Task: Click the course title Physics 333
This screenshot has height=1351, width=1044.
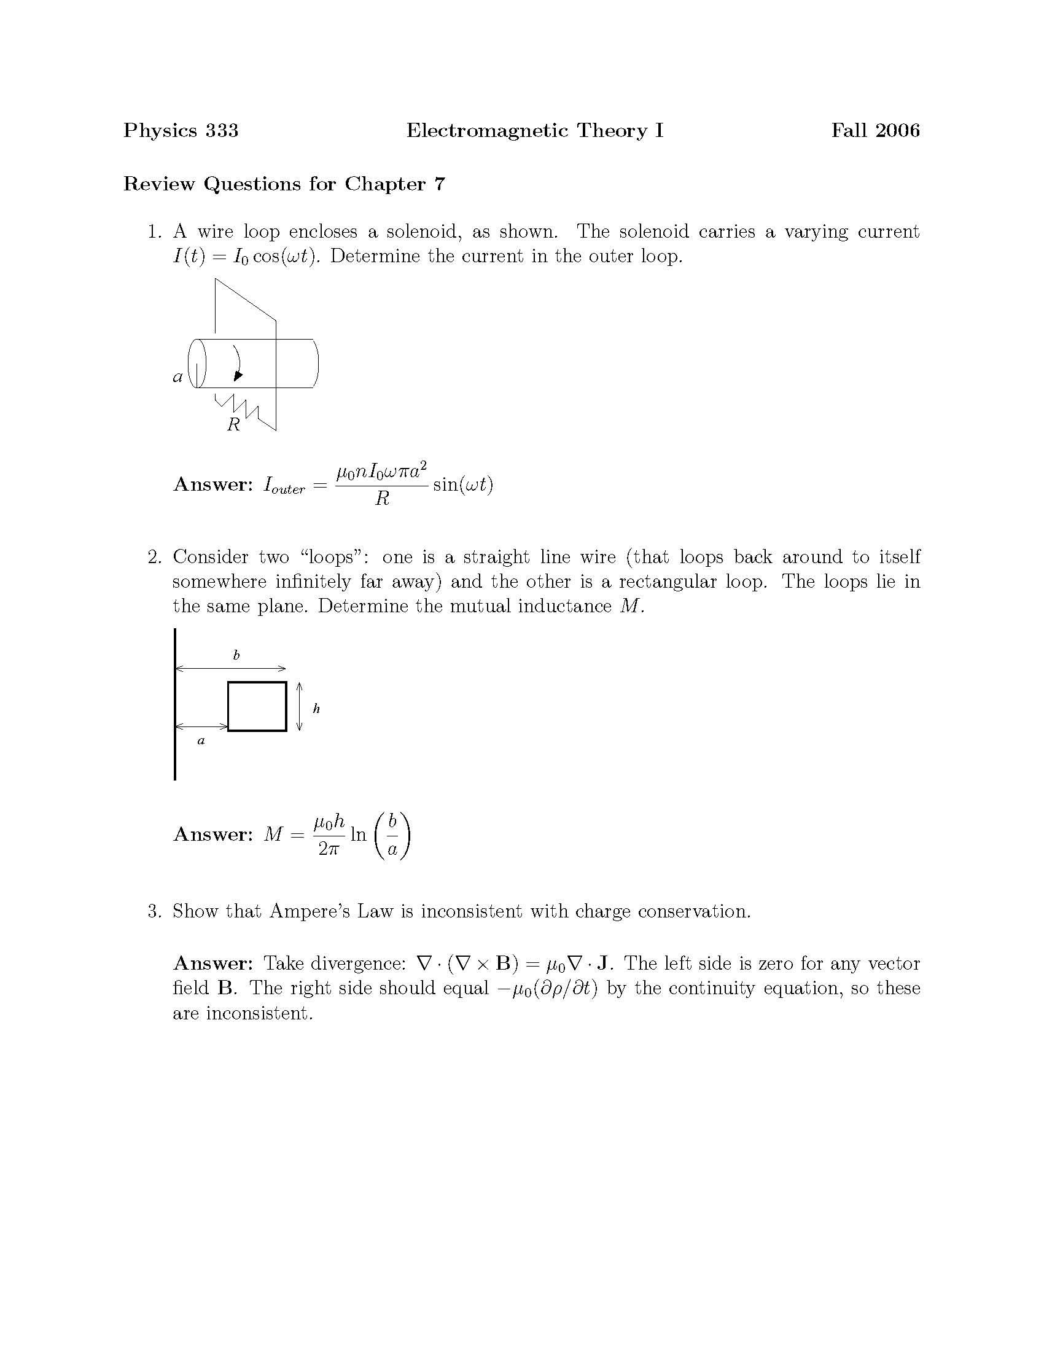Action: (181, 131)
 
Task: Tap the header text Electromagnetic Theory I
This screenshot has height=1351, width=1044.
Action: (534, 131)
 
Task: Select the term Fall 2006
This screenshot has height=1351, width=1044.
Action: (875, 131)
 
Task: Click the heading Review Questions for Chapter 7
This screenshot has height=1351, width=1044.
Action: (284, 184)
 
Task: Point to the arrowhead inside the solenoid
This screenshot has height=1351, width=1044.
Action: (238, 375)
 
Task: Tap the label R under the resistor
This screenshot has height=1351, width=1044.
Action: (233, 425)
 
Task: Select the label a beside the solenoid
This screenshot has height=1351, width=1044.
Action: (177, 376)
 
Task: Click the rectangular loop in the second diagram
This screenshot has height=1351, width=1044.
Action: (257, 706)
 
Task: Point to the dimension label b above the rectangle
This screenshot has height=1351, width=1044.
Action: (236, 655)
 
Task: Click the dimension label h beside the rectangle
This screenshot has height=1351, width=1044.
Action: (316, 709)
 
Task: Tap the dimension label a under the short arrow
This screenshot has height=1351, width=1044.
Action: (200, 741)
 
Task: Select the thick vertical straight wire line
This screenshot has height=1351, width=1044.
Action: (175, 705)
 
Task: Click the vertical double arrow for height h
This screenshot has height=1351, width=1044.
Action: (299, 706)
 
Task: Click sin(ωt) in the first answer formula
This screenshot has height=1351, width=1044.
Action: (462, 485)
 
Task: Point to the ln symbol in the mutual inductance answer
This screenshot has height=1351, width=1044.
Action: (358, 835)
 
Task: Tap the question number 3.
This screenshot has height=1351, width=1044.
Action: (154, 911)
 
